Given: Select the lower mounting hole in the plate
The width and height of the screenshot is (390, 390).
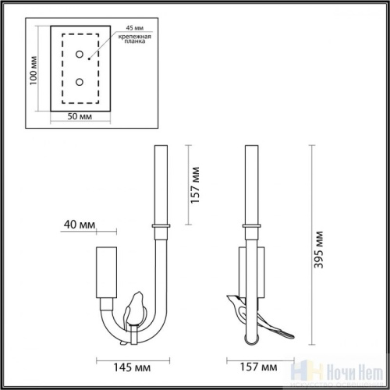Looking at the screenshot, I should (80, 80).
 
